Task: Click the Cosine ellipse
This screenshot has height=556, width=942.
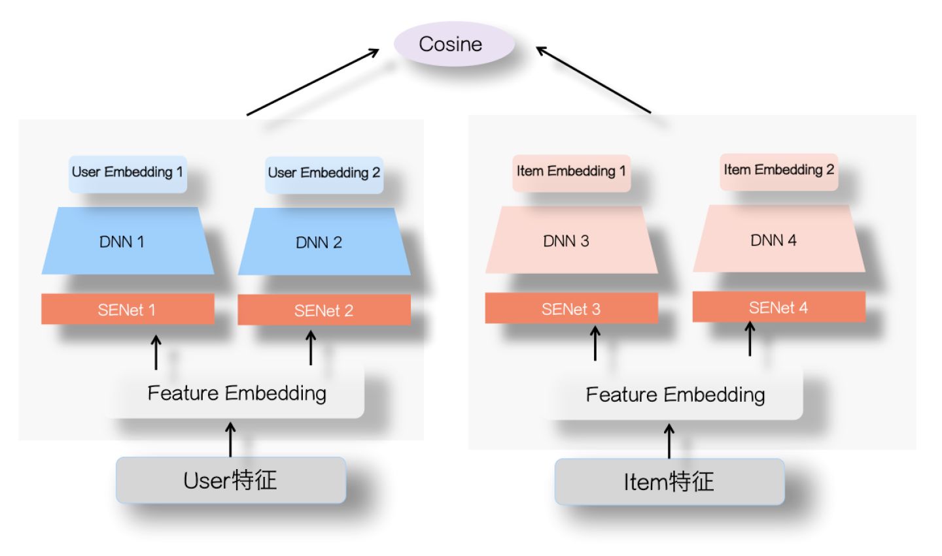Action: pyautogui.click(x=454, y=44)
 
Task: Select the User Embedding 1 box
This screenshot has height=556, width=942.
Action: pyautogui.click(x=128, y=174)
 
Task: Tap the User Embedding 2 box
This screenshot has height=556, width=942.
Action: pyautogui.click(x=324, y=175)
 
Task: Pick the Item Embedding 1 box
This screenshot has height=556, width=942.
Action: pyautogui.click(x=571, y=173)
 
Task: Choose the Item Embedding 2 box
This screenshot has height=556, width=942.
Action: pyautogui.click(x=779, y=172)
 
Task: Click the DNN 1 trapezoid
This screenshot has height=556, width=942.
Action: pyautogui.click(x=128, y=240)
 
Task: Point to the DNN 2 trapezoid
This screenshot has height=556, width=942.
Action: pyautogui.click(x=324, y=242)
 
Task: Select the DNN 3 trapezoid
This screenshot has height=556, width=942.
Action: pyautogui.click(x=572, y=240)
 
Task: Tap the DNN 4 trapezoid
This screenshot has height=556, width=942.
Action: pyautogui.click(x=779, y=238)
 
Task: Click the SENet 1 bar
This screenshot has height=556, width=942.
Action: pyautogui.click(x=128, y=309)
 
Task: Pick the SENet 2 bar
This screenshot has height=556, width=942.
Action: pyautogui.click(x=324, y=310)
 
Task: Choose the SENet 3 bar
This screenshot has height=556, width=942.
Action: pyautogui.click(x=572, y=308)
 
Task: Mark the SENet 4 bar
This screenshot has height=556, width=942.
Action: pyautogui.click(x=779, y=307)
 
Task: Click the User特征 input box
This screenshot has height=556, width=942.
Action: pyautogui.click(x=231, y=480)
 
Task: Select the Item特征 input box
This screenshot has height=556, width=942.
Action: pyautogui.click(x=669, y=482)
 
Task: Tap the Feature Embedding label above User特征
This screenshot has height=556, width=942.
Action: pyautogui.click(x=237, y=394)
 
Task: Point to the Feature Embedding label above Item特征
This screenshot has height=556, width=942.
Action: pyautogui.click(x=675, y=395)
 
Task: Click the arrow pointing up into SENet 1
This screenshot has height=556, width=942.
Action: pyautogui.click(x=156, y=352)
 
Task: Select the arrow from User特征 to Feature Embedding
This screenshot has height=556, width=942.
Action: pyautogui.click(x=230, y=439)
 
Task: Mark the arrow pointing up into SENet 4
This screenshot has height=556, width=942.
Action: pyautogui.click(x=750, y=339)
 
